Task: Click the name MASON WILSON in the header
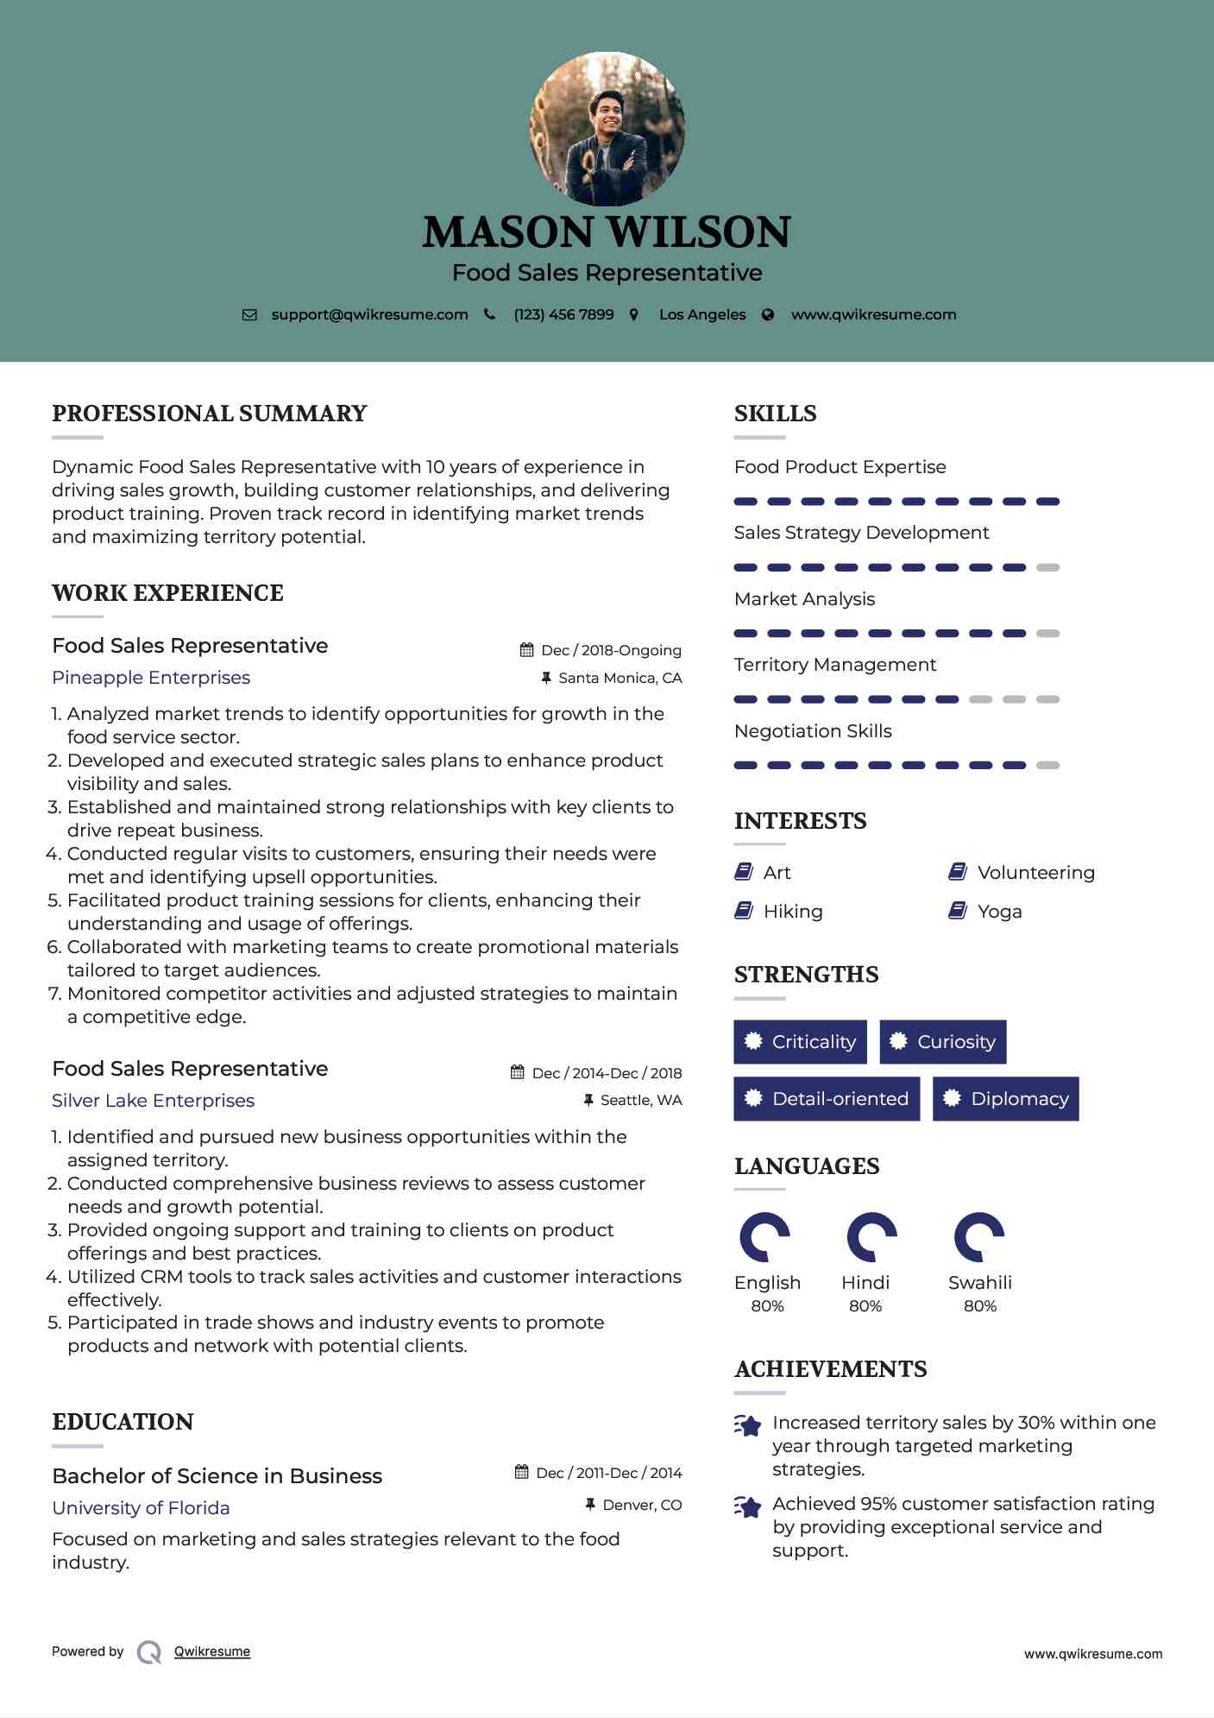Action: pyautogui.click(x=607, y=232)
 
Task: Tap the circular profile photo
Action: pyautogui.click(x=607, y=129)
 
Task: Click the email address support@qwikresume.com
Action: pyautogui.click(x=369, y=314)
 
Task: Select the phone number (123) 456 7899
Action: pyautogui.click(x=563, y=314)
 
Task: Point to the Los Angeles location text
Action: pyautogui.click(x=701, y=314)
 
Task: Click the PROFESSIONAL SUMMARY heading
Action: pyautogui.click(x=210, y=414)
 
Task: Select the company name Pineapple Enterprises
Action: pyautogui.click(x=151, y=678)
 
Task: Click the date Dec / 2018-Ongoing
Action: pyautogui.click(x=611, y=650)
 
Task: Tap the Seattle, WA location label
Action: pyautogui.click(x=640, y=1100)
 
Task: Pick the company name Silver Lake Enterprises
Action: pyautogui.click(x=153, y=1101)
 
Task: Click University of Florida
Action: pyautogui.click(x=141, y=1508)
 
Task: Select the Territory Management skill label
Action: pyautogui.click(x=834, y=665)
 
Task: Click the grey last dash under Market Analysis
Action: pyautogui.click(x=1047, y=634)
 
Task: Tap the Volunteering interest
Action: pyautogui.click(x=1035, y=873)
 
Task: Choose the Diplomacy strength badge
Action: pyautogui.click(x=1006, y=1099)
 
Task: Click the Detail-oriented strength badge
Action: pyautogui.click(x=827, y=1099)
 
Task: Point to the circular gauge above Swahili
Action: pyautogui.click(x=979, y=1237)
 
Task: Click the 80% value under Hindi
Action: pyautogui.click(x=865, y=1306)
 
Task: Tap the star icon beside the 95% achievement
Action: pyautogui.click(x=747, y=1506)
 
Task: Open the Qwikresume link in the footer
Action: pyautogui.click(x=211, y=1652)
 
